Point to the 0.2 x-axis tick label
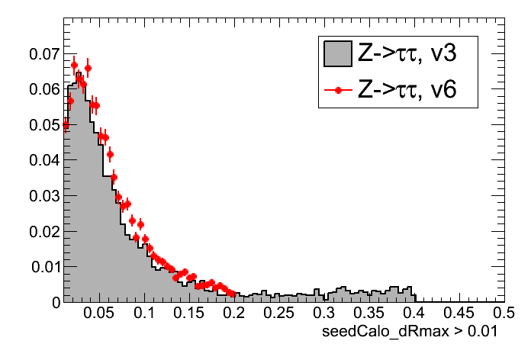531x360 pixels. (x=235, y=313)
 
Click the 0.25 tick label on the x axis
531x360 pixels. (x=278, y=313)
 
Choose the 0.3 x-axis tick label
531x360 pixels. (x=325, y=313)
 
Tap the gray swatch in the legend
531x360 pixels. (x=336, y=54)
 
